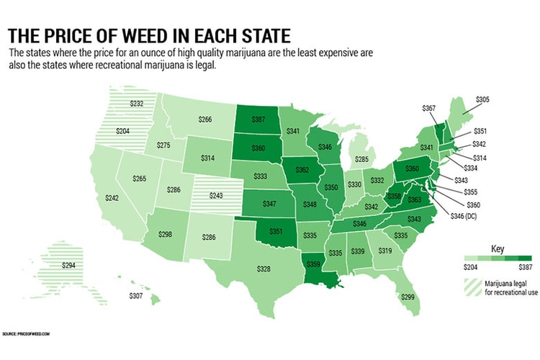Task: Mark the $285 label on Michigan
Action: click(x=361, y=158)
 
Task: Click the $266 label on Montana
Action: click(x=204, y=120)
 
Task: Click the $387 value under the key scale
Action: click(x=522, y=266)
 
